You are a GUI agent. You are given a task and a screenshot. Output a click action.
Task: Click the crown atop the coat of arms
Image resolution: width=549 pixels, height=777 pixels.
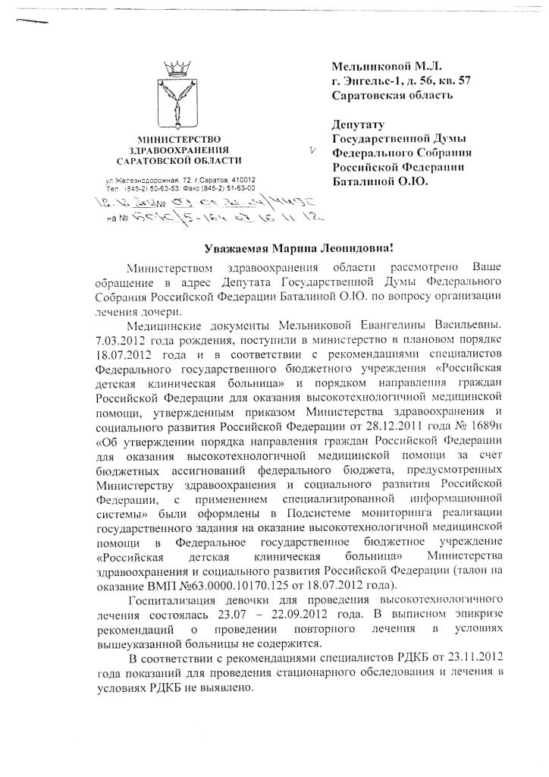point(180,70)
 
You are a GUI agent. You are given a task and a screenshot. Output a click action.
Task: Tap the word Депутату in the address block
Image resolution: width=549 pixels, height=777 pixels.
point(359,124)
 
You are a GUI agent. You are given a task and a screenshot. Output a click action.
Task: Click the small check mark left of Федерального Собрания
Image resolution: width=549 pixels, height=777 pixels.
point(312,153)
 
